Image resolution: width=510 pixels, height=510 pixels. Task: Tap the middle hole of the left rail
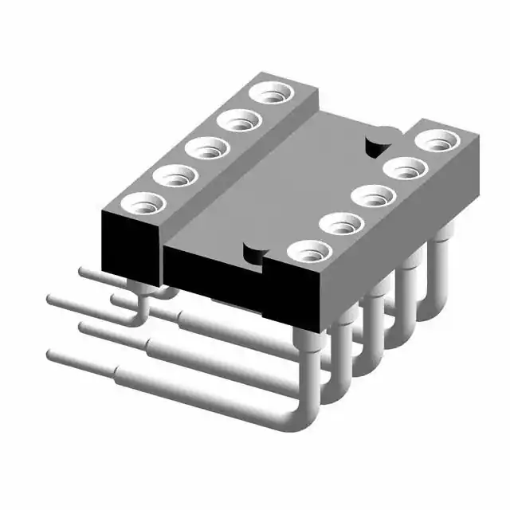[x=207, y=149]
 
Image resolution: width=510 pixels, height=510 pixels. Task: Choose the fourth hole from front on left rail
[x=239, y=122]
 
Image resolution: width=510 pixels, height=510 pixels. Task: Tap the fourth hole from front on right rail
[x=405, y=170]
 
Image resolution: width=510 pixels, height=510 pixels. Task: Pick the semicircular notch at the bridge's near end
[x=254, y=256]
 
